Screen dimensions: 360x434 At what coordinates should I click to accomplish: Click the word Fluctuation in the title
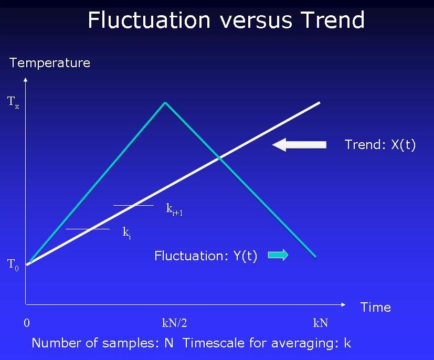pos(149,20)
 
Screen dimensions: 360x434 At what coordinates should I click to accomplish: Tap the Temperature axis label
pos(50,63)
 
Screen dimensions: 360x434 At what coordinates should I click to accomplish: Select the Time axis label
pos(375,308)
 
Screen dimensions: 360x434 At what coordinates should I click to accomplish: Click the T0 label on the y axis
pos(13,264)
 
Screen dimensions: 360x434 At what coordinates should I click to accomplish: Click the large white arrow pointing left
pos(299,144)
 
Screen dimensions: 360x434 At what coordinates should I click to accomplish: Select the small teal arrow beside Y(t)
pos(278,256)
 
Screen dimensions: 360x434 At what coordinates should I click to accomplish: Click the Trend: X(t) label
pos(380,145)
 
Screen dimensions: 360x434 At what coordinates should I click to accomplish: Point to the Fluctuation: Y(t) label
pos(206,256)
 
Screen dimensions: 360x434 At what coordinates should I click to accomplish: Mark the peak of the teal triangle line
pos(165,102)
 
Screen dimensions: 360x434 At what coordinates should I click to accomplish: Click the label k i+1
pos(174,209)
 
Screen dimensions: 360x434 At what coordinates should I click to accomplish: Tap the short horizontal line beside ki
pos(88,229)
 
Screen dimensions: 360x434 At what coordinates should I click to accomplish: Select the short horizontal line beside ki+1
pos(134,205)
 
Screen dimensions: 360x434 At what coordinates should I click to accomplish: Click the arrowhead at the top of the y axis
pos(25,80)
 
